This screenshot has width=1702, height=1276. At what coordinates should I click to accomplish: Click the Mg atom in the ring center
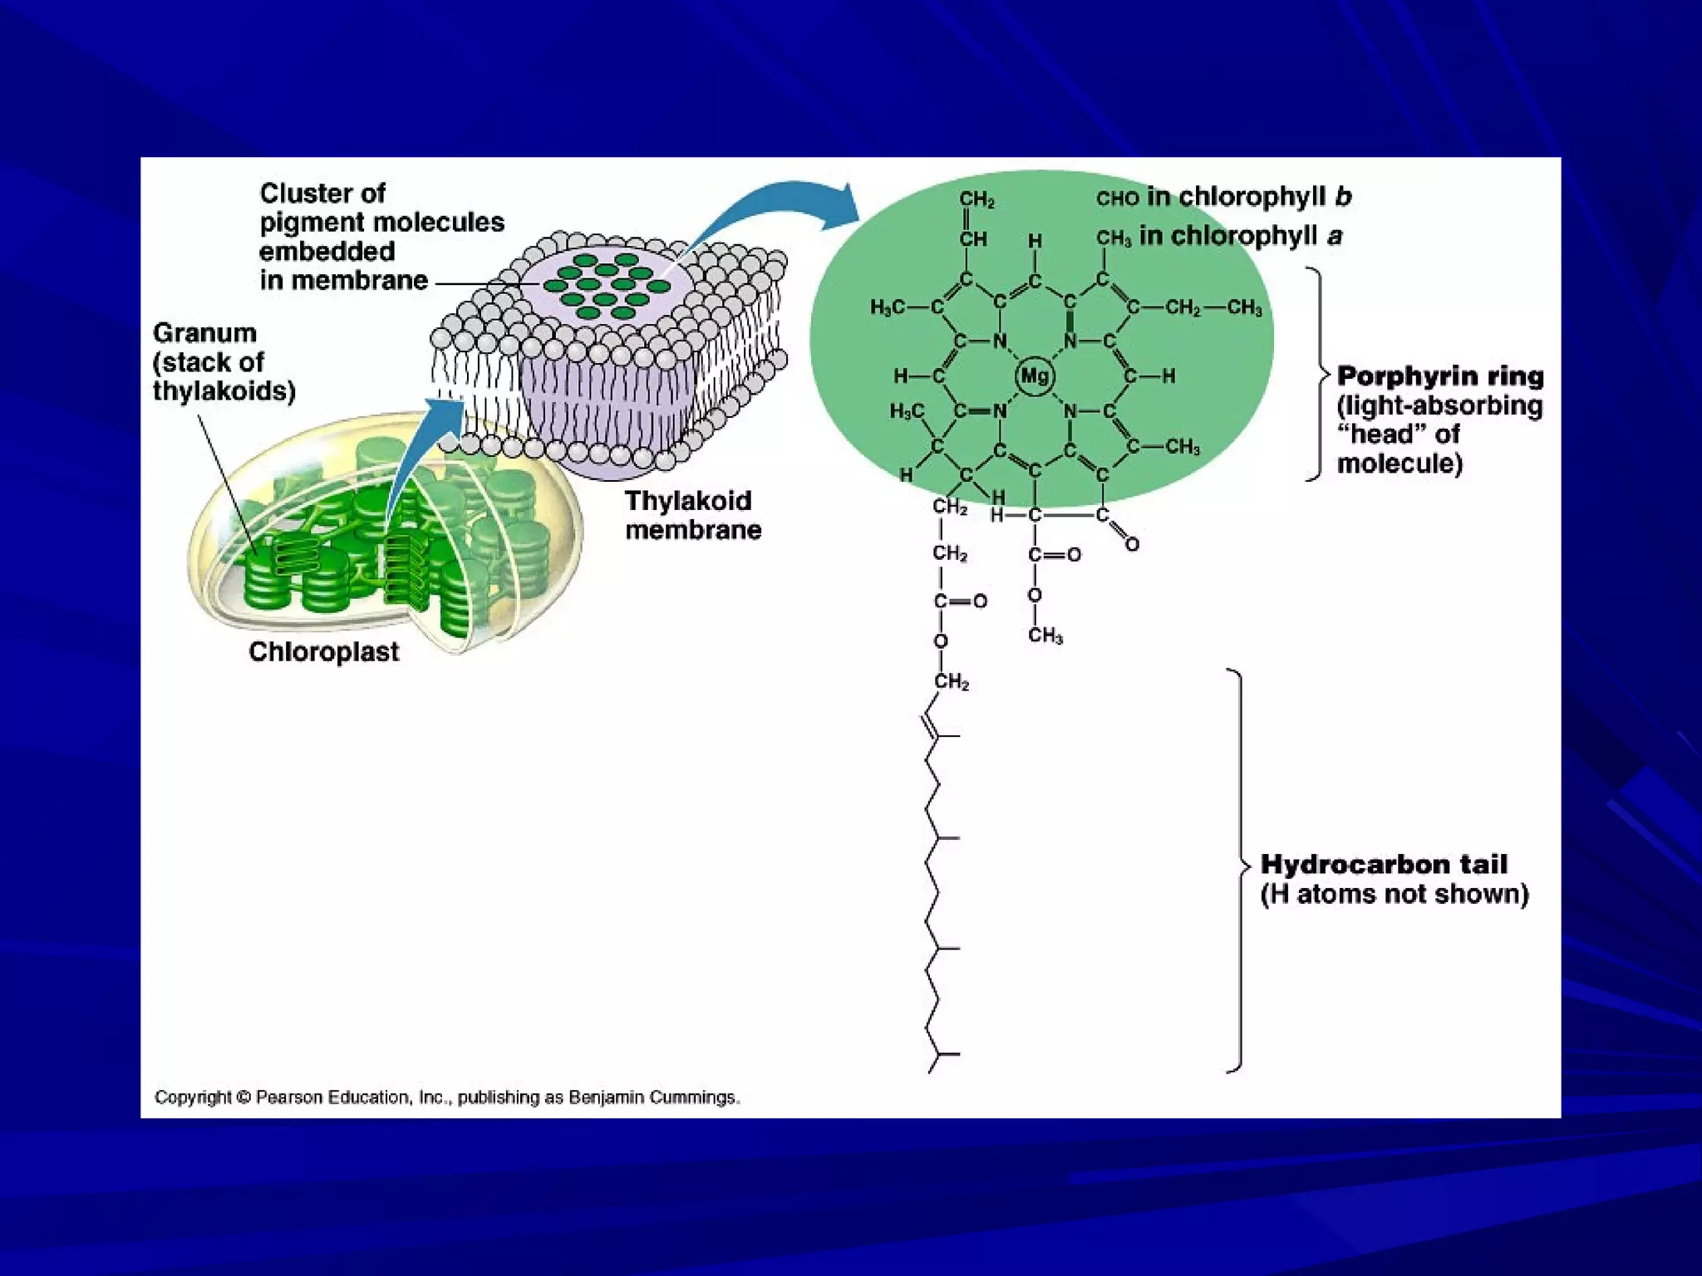1034,375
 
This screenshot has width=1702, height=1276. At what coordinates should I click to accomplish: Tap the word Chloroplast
323,652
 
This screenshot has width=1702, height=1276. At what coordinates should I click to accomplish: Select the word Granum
204,333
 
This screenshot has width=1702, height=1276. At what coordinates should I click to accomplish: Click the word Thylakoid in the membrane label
688,501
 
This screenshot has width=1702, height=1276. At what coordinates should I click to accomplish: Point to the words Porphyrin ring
1440,376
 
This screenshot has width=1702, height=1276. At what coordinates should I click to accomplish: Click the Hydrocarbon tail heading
1384,865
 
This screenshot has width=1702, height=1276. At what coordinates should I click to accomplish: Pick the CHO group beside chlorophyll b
1117,199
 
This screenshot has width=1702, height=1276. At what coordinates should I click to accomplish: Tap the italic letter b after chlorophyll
1343,197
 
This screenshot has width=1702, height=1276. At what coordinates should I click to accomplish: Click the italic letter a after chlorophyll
1335,237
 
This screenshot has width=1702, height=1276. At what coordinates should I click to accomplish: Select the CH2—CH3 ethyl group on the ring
1213,308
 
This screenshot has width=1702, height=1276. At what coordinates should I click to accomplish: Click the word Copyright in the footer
193,1097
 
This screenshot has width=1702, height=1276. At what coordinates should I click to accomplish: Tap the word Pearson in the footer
289,1097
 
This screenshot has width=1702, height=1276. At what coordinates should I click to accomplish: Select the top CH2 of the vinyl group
976,199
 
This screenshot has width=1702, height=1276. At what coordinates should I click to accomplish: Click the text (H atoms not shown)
1395,895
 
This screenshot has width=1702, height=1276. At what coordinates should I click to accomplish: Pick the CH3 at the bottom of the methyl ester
1045,636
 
